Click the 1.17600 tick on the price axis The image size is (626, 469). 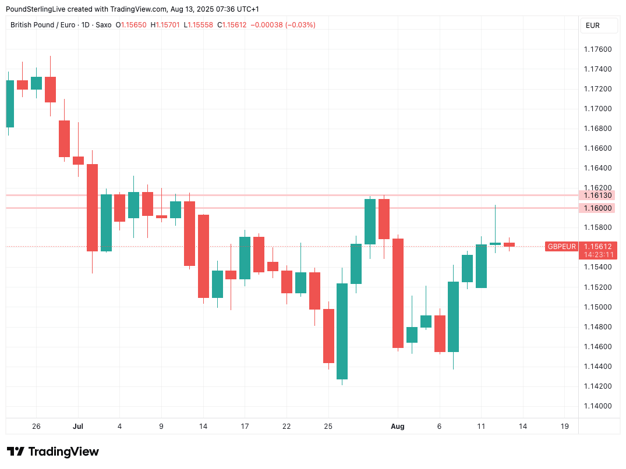[x=597, y=49]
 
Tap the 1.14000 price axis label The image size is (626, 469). [x=597, y=406]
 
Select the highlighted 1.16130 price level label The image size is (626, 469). [x=597, y=196]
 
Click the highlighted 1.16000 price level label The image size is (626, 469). [x=597, y=208]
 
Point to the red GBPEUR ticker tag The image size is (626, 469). [x=561, y=247]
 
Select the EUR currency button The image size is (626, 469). [x=593, y=26]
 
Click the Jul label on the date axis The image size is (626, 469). [x=78, y=427]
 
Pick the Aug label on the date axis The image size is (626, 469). [x=398, y=427]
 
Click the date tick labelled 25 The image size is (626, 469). [x=328, y=427]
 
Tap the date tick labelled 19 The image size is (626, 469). [x=564, y=427]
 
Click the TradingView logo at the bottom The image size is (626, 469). [x=53, y=452]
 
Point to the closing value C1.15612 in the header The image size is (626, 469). [x=232, y=25]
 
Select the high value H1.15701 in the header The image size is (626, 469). [x=165, y=25]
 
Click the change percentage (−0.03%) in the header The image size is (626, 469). [x=300, y=25]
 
